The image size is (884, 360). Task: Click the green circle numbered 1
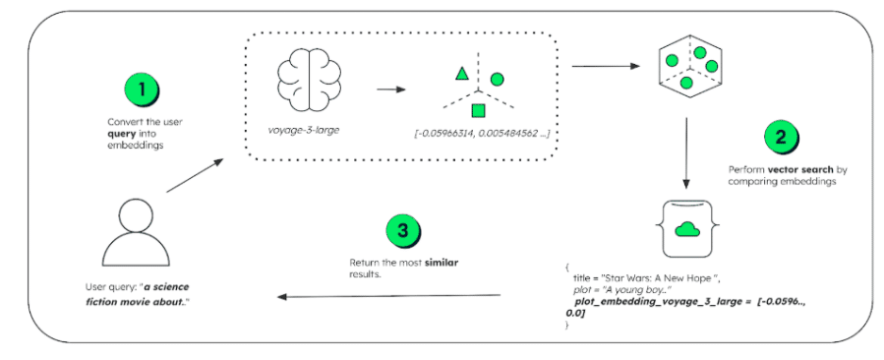[x=141, y=90]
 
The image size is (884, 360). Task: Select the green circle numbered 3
[x=403, y=231]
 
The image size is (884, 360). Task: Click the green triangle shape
[x=462, y=74]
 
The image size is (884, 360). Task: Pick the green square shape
[x=478, y=110]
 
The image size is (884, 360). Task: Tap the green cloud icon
[x=686, y=228]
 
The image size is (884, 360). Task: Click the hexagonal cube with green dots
[x=691, y=68]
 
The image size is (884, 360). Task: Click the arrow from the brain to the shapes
[x=391, y=90]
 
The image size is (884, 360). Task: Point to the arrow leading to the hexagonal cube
[x=606, y=66]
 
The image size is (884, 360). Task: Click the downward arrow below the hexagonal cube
[x=686, y=152]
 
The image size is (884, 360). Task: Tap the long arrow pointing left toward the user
[x=389, y=296]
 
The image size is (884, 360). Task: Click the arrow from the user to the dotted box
[x=195, y=175]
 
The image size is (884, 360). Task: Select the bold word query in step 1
[x=118, y=132]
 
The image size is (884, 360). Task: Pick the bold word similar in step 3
[x=441, y=263]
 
